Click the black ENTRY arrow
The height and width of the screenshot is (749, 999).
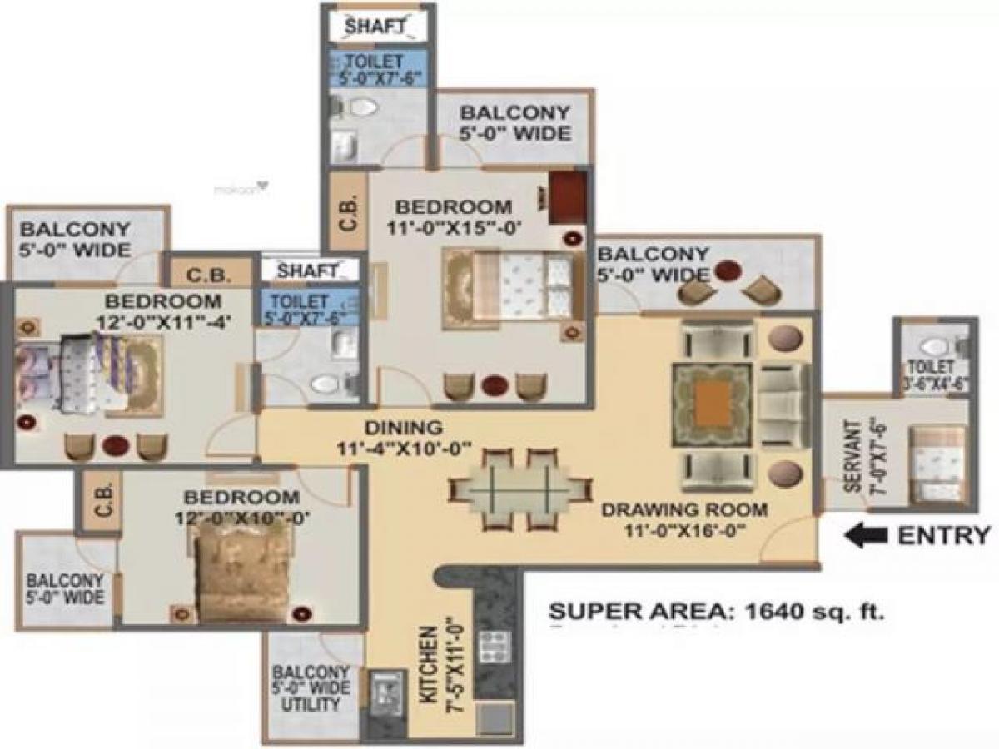coord(867,536)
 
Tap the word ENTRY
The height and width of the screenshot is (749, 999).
coord(944,535)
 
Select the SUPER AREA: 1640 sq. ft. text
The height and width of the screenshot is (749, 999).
coord(717,613)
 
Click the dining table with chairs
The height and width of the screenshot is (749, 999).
coord(519,489)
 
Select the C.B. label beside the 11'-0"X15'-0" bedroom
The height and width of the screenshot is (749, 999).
coord(349,212)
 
